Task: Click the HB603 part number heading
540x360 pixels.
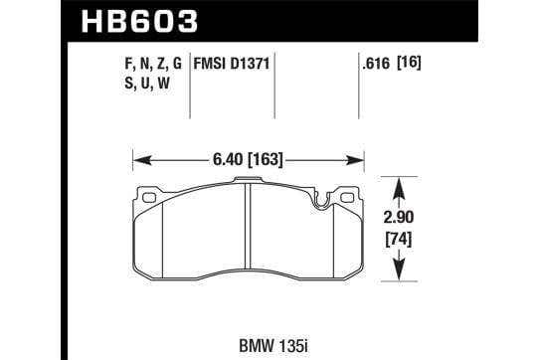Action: (x=139, y=21)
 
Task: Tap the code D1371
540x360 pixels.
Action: (x=250, y=64)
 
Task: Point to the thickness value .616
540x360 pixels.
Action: (x=375, y=64)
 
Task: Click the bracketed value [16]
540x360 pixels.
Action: (x=409, y=64)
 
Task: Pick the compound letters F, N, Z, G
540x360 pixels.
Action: (x=153, y=65)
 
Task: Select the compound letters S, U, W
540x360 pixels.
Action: (x=147, y=84)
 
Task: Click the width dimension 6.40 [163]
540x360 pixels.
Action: (x=248, y=160)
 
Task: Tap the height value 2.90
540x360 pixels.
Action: (x=399, y=217)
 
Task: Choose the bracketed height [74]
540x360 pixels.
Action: (x=399, y=239)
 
